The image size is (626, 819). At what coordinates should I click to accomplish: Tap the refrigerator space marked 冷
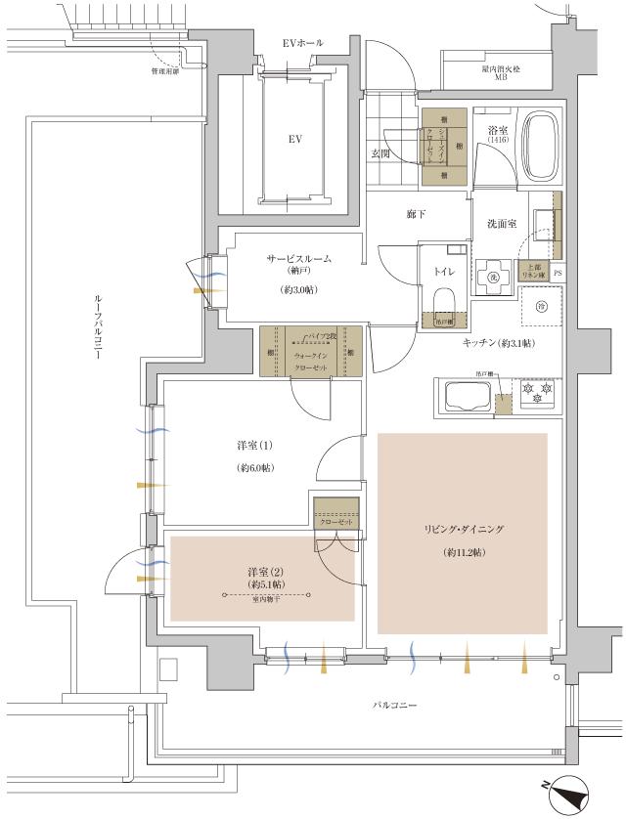[542, 307]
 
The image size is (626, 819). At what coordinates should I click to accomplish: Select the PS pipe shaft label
[558, 274]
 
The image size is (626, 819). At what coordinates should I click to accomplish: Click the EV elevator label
[292, 140]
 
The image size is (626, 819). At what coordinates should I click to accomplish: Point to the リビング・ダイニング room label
[463, 529]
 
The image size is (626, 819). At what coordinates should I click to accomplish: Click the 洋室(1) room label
[254, 446]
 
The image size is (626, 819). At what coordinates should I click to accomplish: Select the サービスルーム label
[298, 259]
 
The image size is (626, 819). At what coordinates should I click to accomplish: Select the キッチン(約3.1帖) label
[500, 342]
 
